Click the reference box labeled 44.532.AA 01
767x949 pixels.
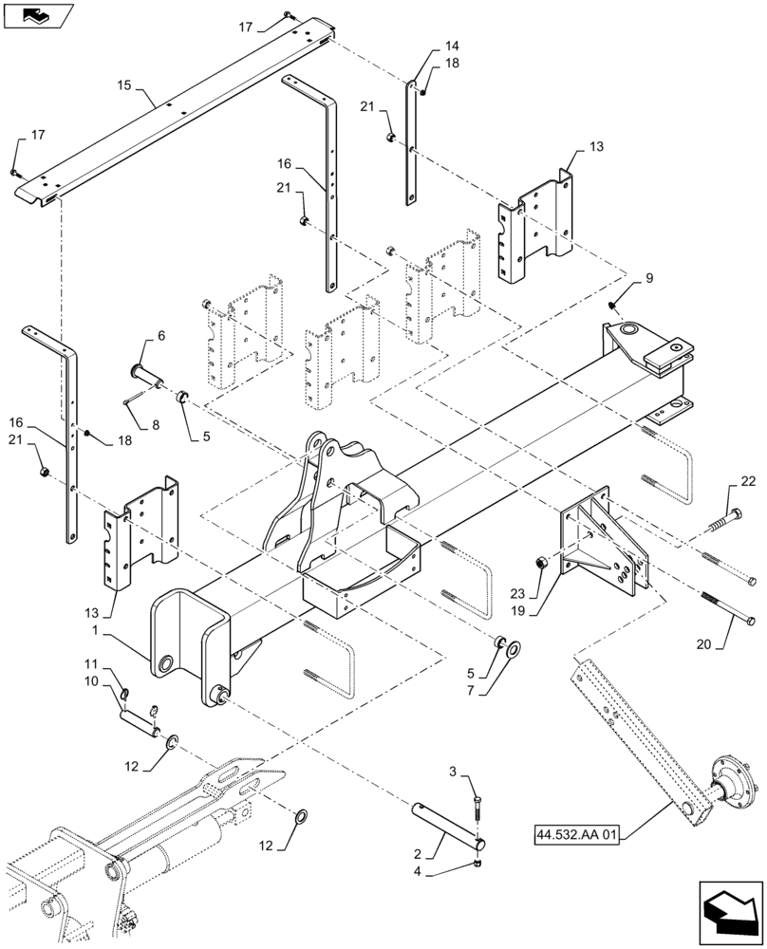tap(574, 836)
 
